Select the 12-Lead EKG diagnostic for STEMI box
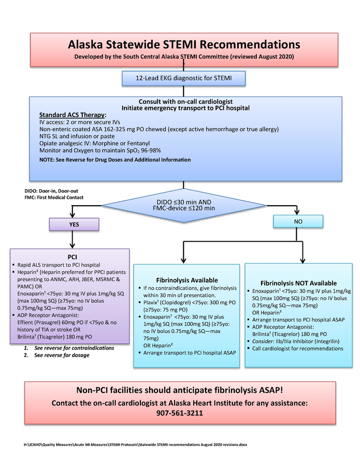pos(183,78)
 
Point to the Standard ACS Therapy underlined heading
pos(73,115)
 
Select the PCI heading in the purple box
pos(73,257)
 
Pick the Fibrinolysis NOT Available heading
pos(298,283)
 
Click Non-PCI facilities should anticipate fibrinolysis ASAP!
pos(184,390)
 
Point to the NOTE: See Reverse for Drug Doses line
pos(114,160)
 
